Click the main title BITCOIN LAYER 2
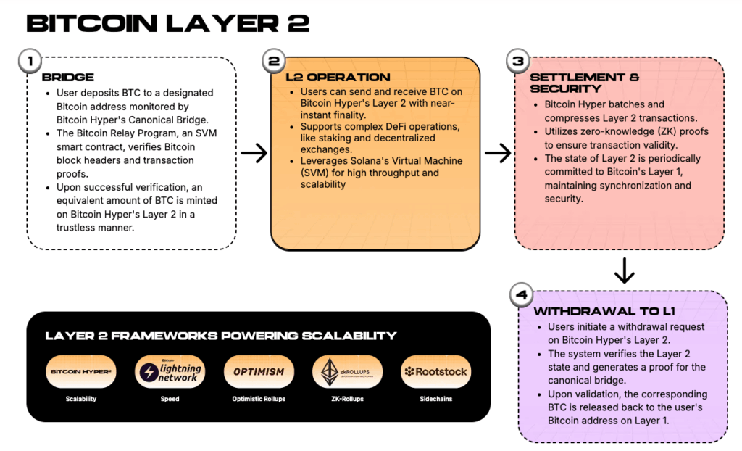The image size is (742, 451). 167,24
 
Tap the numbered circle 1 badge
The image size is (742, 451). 30,62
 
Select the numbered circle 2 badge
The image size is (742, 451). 273,62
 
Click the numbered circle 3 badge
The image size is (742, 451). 517,62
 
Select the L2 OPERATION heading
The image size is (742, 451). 338,78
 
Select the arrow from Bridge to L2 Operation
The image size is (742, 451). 253,153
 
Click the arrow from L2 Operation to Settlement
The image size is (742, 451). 497,153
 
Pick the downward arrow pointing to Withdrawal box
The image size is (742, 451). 624,270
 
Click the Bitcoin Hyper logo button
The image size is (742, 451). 80,372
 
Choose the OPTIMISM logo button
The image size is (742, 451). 259,372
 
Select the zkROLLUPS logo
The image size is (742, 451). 347,372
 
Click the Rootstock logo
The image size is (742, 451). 436,372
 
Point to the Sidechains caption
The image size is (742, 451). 436,398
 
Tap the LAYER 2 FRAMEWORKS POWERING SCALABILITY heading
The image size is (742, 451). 220,336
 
